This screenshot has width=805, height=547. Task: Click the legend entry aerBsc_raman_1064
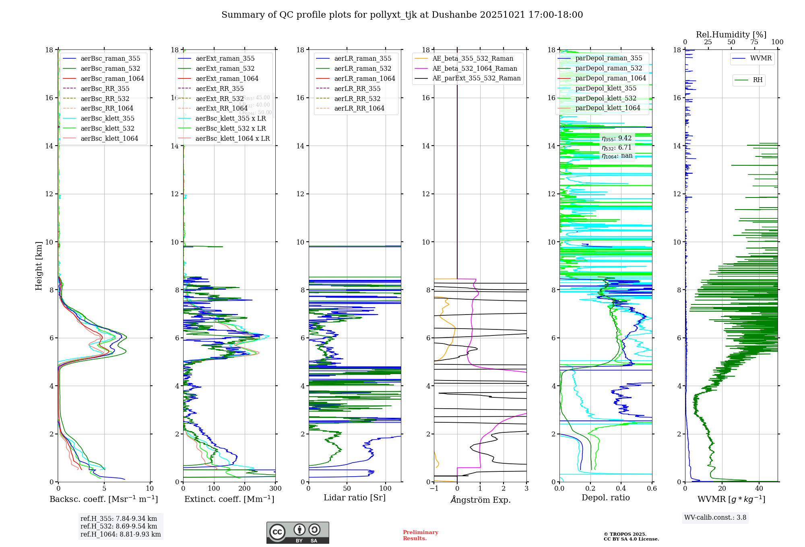point(112,78)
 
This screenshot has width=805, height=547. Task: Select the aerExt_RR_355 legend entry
point(219,88)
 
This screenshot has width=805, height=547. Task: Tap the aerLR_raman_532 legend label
point(362,68)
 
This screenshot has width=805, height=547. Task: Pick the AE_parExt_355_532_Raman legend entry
point(476,78)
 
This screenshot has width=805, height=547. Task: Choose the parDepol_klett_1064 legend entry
point(607,108)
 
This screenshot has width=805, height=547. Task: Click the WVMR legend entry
point(760,58)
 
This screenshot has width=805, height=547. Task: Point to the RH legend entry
point(757,80)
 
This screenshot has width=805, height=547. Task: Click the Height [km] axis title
point(39,265)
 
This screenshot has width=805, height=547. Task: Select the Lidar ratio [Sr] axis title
point(355,498)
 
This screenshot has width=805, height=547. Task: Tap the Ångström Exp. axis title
point(480,500)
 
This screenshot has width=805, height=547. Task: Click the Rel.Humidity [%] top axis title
point(731,35)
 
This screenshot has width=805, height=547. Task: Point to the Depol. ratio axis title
point(605,498)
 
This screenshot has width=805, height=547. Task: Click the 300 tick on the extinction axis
point(275,488)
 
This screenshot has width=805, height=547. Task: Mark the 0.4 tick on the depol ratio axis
point(621,488)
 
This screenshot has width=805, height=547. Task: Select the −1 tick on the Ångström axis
point(434,488)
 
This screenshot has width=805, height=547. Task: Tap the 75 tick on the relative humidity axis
point(754,42)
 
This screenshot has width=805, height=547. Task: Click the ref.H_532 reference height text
point(119,526)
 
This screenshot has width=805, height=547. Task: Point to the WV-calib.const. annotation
point(715,517)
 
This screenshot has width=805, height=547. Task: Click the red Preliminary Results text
point(420,535)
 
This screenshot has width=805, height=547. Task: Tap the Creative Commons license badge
point(297,533)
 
